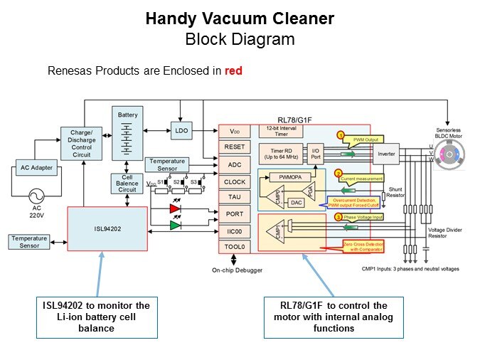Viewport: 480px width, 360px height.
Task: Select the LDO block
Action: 181,130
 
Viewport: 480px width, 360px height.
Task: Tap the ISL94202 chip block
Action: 107,230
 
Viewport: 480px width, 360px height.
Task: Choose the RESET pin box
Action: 234,147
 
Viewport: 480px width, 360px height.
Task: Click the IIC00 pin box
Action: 234,231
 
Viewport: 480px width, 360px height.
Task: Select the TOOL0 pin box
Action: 234,247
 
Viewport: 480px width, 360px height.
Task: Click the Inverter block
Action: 386,154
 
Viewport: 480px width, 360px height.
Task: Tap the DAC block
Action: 297,203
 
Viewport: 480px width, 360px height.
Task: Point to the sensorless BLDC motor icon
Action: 448,154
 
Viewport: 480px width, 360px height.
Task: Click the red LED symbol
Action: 175,209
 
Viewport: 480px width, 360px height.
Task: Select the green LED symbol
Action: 175,226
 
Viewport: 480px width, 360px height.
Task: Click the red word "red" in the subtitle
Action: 234,71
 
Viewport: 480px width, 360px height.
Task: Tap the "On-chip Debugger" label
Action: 237,270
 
